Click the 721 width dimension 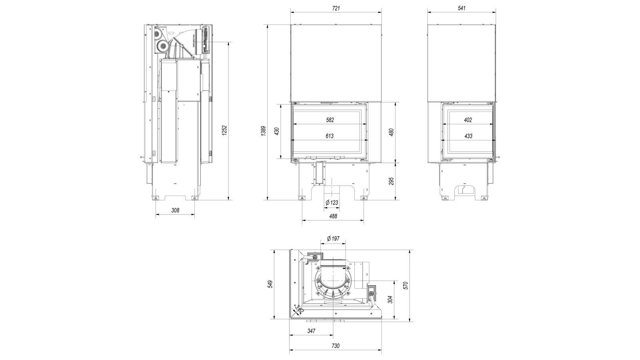(336, 8)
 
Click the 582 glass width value (330, 120)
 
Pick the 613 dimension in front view (330, 136)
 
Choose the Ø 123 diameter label (332, 202)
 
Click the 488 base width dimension (333, 216)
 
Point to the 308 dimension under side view (175, 210)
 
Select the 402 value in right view (468, 120)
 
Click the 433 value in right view (468, 136)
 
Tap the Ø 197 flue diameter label (333, 238)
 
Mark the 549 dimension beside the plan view (270, 284)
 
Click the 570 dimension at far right (406, 285)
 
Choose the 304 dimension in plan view (390, 299)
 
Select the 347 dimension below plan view (311, 331)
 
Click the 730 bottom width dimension (335, 346)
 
